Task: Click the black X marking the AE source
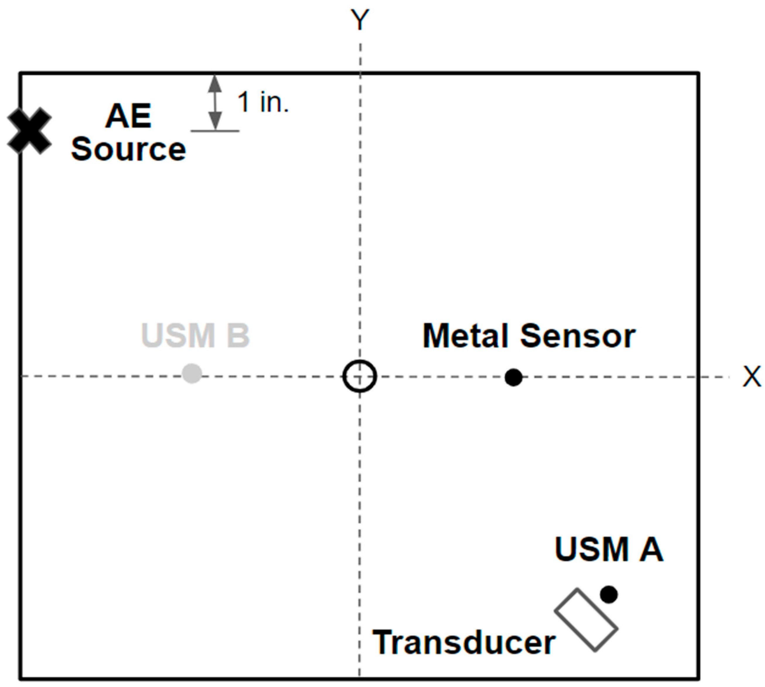click(x=29, y=131)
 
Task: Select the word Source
click(x=128, y=149)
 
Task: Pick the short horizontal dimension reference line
click(x=215, y=131)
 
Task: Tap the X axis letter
click(x=752, y=376)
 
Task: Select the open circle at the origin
click(x=360, y=376)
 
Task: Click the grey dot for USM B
click(x=192, y=373)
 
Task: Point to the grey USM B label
click(x=195, y=335)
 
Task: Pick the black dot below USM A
click(x=609, y=594)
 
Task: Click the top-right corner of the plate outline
click(x=698, y=73)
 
